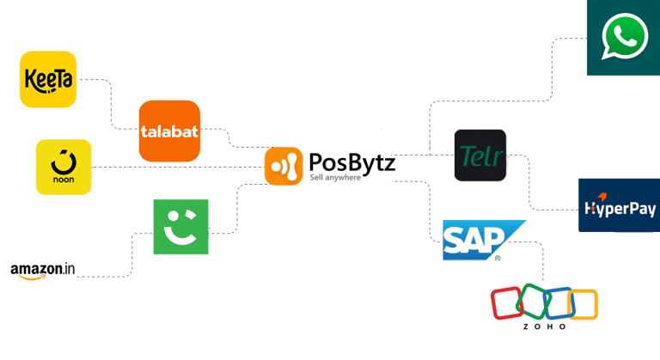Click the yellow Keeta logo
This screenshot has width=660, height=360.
[x=48, y=79]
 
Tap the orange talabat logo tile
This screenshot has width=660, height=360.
[x=169, y=131]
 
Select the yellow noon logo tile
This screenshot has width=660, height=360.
[x=63, y=167]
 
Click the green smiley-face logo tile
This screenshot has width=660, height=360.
[x=180, y=227]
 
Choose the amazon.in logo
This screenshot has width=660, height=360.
[x=43, y=272]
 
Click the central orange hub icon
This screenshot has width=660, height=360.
[x=284, y=166]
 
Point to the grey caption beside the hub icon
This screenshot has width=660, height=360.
[x=335, y=178]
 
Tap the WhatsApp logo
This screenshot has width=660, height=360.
[x=624, y=38]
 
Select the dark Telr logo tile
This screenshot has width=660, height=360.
[x=480, y=156]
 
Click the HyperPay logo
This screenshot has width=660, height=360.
[x=619, y=206]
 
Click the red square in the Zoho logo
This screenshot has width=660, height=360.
[x=506, y=304]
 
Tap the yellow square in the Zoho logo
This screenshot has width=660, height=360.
[x=582, y=304]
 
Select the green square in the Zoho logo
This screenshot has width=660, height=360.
[x=531, y=302]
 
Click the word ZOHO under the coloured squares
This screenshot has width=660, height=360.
[x=544, y=326]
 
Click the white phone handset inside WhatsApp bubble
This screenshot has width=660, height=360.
[x=625, y=37]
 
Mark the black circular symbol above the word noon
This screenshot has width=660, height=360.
[x=63, y=160]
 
